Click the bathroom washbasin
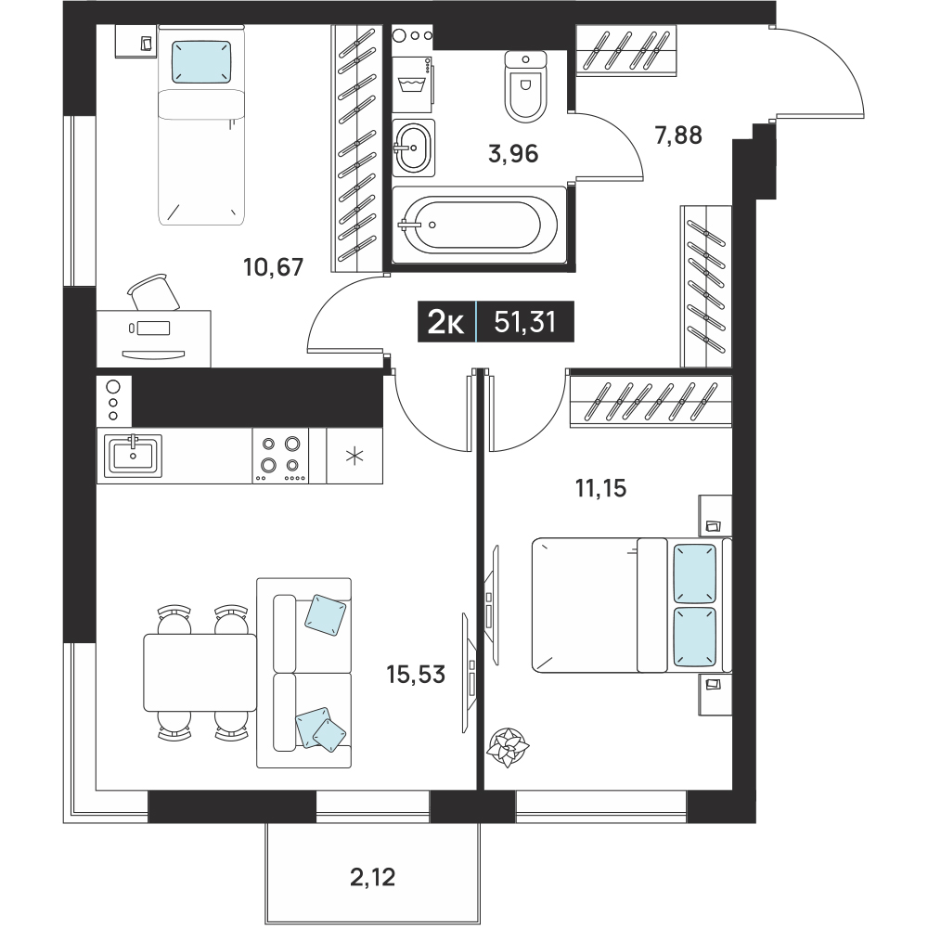tap(413, 148)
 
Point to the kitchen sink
tap(133, 456)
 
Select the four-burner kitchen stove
tap(280, 456)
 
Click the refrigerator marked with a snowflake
tap(354, 456)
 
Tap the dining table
tap(200, 672)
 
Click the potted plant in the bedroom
tap(508, 747)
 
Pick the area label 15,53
tap(416, 674)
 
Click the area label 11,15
tap(600, 489)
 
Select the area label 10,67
tap(274, 267)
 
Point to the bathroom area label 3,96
tap(513, 154)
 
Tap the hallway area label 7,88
tap(678, 135)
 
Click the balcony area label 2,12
tap(372, 877)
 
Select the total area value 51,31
tap(525, 323)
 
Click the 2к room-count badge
tap(446, 323)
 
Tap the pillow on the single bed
tap(201, 61)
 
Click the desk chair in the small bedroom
tap(153, 292)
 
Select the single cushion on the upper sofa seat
tap(325, 615)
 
